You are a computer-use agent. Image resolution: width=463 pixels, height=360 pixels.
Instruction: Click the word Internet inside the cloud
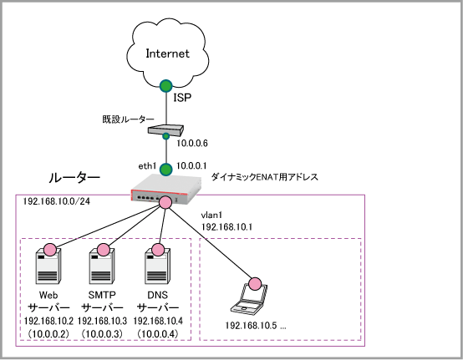[x=167, y=53]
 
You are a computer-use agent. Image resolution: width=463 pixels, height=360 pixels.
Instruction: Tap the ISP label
[x=182, y=98]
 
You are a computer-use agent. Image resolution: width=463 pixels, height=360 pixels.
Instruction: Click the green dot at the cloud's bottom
[x=166, y=86]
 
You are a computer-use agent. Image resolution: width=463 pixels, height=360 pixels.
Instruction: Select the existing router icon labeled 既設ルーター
[x=165, y=130]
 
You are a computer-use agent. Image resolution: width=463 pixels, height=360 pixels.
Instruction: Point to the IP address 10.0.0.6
[x=192, y=144]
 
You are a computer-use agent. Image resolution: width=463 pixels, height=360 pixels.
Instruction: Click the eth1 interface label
[x=147, y=166]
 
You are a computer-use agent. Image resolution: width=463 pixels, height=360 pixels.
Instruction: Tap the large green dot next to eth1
[x=166, y=170]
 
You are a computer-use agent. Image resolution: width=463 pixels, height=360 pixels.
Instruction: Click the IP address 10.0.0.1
[x=191, y=166]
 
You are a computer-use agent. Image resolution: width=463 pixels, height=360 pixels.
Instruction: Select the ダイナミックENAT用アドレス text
[x=265, y=177]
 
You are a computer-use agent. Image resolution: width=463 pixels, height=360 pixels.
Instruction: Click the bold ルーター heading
[x=74, y=178]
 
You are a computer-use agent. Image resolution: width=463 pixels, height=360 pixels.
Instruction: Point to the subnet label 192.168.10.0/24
[x=56, y=201]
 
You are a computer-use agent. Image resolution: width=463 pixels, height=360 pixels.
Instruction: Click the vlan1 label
[x=211, y=215]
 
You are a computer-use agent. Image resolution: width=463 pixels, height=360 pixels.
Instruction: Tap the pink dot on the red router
[x=165, y=202]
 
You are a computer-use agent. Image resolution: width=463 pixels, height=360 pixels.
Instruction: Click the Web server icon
[x=48, y=266]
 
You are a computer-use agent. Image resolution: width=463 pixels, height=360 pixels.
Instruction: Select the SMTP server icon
[x=102, y=266]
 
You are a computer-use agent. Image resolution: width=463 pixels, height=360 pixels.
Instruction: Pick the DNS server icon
[x=157, y=266]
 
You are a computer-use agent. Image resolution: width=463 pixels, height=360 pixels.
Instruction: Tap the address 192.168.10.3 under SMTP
[x=102, y=321]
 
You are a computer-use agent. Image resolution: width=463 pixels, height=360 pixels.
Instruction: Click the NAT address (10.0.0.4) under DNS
[x=158, y=334]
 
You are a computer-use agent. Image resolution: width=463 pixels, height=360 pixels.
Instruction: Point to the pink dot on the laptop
[x=255, y=284]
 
